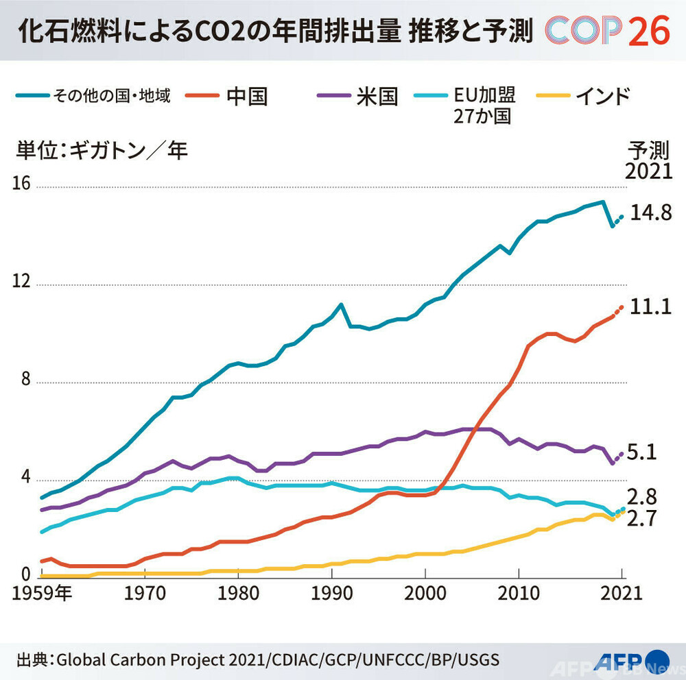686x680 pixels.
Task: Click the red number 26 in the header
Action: point(648,30)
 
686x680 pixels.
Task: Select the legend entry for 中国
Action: point(246,97)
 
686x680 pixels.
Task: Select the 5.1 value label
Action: point(641,452)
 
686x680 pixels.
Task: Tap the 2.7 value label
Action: point(641,519)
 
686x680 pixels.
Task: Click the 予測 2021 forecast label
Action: point(648,160)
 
